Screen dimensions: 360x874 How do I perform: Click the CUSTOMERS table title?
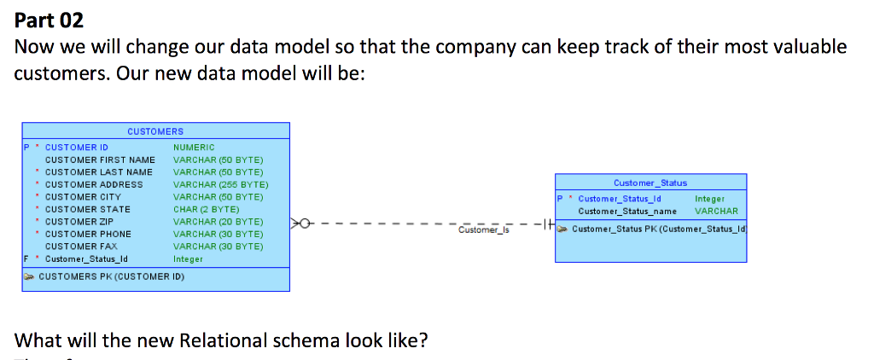pos(155,131)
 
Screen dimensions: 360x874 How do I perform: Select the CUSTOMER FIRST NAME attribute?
pos(100,160)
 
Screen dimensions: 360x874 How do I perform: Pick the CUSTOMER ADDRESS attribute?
pos(94,184)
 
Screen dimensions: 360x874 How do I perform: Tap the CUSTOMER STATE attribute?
pos(88,209)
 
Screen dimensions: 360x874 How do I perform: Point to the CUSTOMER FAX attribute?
pos(82,246)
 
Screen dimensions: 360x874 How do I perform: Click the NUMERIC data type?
pos(194,148)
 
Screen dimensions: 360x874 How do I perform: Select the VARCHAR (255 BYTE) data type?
pos(220,184)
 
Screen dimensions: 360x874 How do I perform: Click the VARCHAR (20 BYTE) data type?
pos(218,221)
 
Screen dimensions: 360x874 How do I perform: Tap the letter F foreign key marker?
pos(26,258)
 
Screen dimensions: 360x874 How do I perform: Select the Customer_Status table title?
pos(650,183)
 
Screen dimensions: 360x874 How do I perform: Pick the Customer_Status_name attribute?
pos(626,212)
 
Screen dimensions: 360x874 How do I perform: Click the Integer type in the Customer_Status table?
pos(710,199)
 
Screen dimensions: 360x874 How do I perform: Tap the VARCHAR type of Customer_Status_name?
pos(717,212)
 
